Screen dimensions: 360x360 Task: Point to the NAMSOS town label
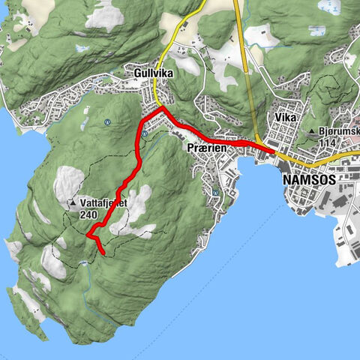pos(310,181)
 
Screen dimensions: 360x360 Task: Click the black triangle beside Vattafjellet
pos(73,203)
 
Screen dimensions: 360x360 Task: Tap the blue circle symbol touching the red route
pos(143,133)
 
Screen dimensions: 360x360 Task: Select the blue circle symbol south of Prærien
pos(215,192)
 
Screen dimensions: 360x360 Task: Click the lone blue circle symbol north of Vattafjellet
pos(108,122)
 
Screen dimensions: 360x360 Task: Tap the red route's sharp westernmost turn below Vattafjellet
pos(88,235)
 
